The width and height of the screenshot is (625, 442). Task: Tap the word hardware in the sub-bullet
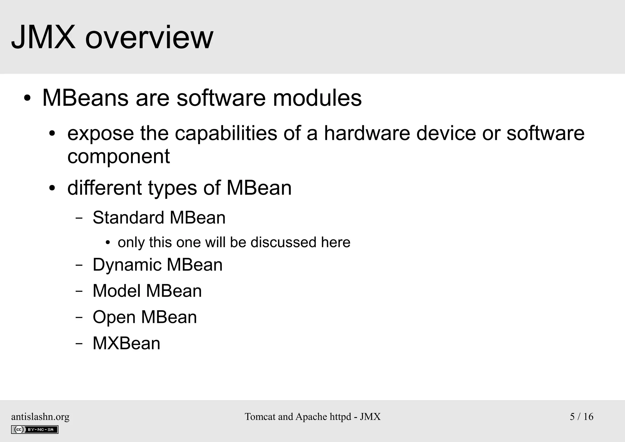coord(367,133)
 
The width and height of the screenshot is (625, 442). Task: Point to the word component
coord(118,157)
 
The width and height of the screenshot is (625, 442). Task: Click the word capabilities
coord(226,134)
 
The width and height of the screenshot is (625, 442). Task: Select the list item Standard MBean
coord(159,217)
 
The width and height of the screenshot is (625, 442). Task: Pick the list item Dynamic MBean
coord(157,265)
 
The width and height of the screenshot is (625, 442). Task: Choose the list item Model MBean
coord(147,291)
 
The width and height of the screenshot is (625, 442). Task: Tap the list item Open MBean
coord(145,317)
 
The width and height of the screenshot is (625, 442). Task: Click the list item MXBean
coord(126,343)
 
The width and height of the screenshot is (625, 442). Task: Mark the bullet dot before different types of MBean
coord(52,188)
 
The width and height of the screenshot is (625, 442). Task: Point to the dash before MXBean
coord(79,344)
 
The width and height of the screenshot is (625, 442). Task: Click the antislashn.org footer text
coord(40,417)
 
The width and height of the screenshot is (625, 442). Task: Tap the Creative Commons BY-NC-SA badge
coord(34,429)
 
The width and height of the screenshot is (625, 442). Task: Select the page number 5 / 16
coord(581,417)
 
